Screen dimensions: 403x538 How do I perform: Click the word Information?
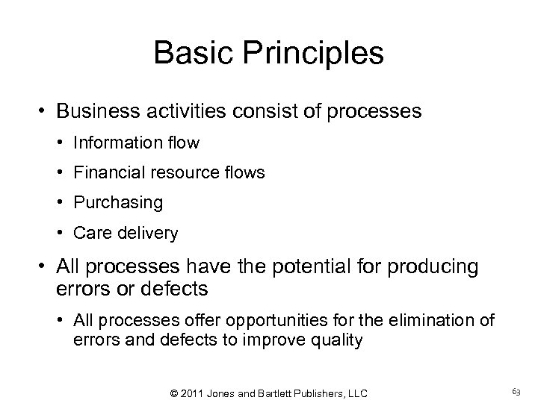(x=115, y=143)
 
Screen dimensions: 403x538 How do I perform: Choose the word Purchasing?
(x=117, y=203)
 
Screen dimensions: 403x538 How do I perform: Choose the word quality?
(x=340, y=340)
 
